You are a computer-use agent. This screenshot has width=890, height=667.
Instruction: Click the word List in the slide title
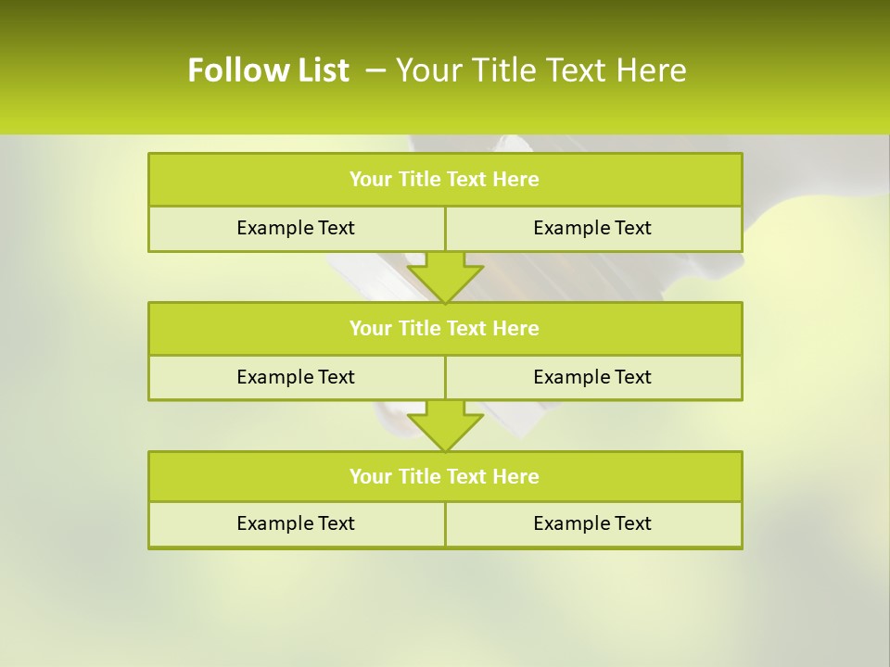pyautogui.click(x=318, y=70)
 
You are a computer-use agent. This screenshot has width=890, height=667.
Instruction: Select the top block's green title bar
pyautogui.click(x=445, y=180)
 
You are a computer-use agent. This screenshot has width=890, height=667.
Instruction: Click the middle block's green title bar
pyautogui.click(x=445, y=329)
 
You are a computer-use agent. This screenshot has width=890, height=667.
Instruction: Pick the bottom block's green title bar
pyautogui.click(x=445, y=477)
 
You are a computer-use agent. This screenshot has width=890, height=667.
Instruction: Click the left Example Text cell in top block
pyautogui.click(x=296, y=229)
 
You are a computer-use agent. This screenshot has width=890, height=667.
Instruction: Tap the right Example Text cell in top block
pyautogui.click(x=592, y=229)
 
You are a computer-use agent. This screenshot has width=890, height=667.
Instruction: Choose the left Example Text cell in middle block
pyautogui.click(x=296, y=378)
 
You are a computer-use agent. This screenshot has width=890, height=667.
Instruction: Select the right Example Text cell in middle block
pyautogui.click(x=592, y=378)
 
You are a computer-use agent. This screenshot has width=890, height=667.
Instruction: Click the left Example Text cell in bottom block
pyautogui.click(x=296, y=524)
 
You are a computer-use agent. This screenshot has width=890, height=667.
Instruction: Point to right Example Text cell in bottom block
pyautogui.click(x=592, y=524)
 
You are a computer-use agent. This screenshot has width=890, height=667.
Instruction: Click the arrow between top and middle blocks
pyautogui.click(x=445, y=278)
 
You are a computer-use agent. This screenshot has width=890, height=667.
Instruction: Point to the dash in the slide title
pyautogui.click(x=375, y=70)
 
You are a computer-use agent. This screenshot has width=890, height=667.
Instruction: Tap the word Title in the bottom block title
pyautogui.click(x=420, y=477)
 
